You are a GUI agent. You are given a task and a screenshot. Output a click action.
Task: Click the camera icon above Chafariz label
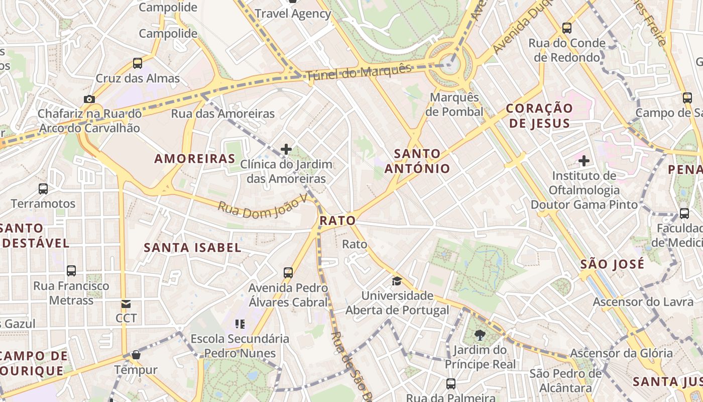tap(89, 99)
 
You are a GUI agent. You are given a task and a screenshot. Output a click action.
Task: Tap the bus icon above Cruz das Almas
tap(138, 63)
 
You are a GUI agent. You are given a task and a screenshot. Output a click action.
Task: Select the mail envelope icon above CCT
tap(126, 304)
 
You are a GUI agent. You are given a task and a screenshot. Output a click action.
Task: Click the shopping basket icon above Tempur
tap(136, 355)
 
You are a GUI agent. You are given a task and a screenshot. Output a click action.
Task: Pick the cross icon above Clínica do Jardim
tap(286, 149)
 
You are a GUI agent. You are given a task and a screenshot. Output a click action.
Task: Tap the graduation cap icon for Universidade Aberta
tap(397, 281)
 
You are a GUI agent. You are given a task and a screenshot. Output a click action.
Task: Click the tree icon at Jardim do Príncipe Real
tap(480, 335)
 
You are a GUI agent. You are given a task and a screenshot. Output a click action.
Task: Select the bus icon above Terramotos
tap(43, 189)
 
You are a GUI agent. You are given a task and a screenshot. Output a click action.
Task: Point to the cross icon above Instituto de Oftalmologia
tap(583, 161)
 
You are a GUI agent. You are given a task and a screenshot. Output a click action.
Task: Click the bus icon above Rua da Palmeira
tap(451, 384)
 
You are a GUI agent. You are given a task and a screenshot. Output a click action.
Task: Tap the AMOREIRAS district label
tap(195, 159)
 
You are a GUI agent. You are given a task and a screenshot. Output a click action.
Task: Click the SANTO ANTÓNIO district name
tap(417, 161)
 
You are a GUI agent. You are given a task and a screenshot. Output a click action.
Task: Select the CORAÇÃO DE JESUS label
tap(539, 116)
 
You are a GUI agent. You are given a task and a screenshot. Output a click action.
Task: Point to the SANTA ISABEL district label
tap(193, 247)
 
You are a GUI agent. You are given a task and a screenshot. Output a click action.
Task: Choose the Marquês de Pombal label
tap(454, 105)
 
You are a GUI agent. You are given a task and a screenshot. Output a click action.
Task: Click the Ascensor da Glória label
tap(621, 353)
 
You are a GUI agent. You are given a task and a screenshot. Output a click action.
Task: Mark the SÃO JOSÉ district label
tap(612, 264)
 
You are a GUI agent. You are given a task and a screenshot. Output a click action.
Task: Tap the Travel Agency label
tap(293, 14)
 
